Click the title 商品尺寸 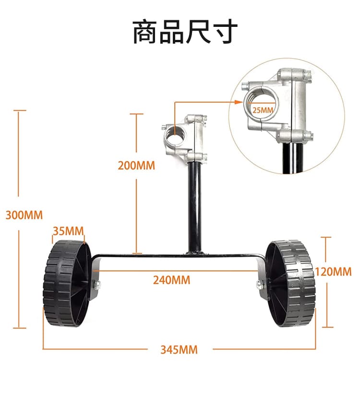(185, 32)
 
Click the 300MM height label (24, 214)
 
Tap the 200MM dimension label (136, 165)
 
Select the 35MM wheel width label (68, 230)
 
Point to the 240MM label (171, 279)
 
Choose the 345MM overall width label (179, 349)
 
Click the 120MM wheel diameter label (333, 271)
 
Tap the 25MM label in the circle (263, 109)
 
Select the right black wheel (290, 283)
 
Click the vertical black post (194, 206)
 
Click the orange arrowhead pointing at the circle (239, 102)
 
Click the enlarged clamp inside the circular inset (278, 106)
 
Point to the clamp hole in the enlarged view (262, 101)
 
